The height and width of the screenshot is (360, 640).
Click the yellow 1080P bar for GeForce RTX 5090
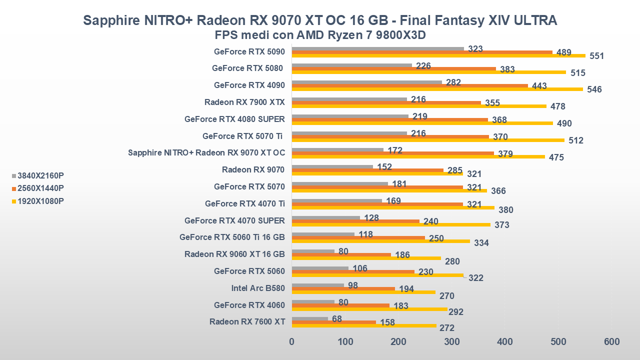(438, 55)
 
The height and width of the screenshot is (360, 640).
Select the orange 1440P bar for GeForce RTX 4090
(410, 85)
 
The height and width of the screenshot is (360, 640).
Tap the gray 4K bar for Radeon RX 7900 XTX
(349, 99)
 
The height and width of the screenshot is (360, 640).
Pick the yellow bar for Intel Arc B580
(363, 292)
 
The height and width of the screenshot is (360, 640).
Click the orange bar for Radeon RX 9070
(367, 170)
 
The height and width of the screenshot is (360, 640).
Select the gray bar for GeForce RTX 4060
(313, 301)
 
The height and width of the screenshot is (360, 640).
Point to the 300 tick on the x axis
(451, 342)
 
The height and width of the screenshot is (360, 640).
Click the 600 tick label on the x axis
(611, 342)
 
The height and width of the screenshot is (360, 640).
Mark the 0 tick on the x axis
(292, 342)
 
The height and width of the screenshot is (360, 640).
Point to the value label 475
(556, 157)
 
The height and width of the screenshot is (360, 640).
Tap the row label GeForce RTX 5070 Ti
(243, 136)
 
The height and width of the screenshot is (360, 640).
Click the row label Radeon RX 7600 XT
(247, 321)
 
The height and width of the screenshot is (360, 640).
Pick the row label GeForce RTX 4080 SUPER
(234, 119)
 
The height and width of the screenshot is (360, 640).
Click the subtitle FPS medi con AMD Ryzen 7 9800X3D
(320, 35)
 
